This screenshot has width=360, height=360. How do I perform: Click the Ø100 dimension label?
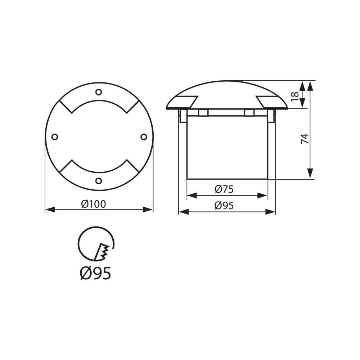pos(94,204)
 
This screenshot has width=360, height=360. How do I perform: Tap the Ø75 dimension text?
pos(224,189)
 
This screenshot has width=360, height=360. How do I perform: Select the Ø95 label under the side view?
pos(224,206)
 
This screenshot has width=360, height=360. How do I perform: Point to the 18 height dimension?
pos(294,96)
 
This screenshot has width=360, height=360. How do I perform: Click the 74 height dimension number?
pos(305,139)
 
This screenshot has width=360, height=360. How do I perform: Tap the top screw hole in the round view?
pos(99,92)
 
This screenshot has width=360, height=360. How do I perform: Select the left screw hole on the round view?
pos(55,137)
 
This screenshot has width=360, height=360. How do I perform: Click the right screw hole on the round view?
pos(144,137)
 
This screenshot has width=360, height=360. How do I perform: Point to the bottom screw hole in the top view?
pos(99,181)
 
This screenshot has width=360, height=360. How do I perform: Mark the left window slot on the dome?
pos(187,102)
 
